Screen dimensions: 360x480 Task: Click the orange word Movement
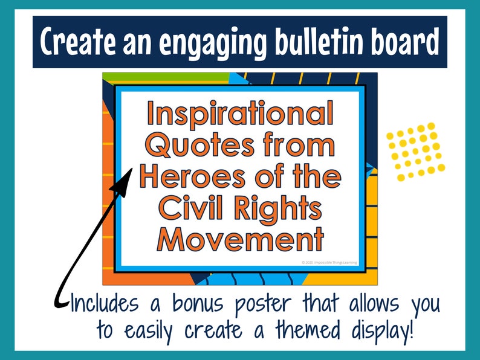(x=240, y=240)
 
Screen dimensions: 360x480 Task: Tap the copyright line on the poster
(x=330, y=263)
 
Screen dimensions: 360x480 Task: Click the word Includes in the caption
(x=103, y=303)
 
